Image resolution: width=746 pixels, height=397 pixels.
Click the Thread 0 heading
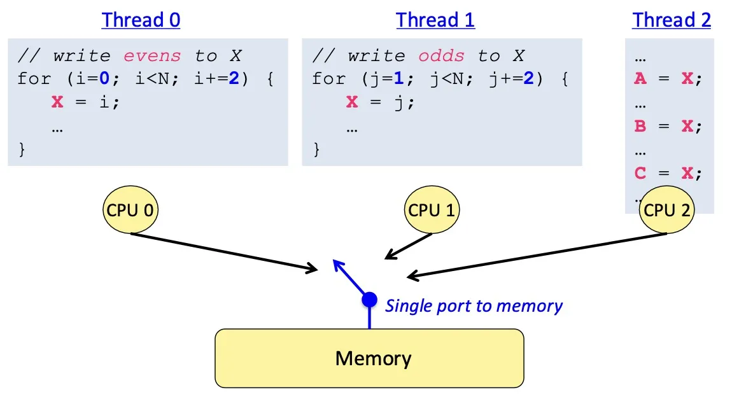(141, 20)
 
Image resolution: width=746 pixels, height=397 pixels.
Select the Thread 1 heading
(435, 20)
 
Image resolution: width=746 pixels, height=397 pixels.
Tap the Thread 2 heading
(672, 20)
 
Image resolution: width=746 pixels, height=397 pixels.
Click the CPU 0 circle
(130, 211)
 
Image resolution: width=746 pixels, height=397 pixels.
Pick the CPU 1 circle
(432, 211)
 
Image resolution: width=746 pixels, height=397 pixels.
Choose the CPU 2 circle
(666, 211)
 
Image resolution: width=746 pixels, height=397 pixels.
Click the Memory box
(369, 358)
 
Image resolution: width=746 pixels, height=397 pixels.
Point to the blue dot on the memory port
(369, 299)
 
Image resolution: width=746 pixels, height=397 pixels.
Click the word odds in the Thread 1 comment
(441, 56)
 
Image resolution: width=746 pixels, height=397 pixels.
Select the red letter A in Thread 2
(640, 79)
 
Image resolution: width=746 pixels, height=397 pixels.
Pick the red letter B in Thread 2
(640, 126)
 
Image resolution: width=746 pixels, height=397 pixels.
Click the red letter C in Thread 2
(640, 173)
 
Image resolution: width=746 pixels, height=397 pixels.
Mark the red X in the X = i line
(58, 102)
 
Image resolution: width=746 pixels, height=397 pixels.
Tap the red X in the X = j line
(353, 102)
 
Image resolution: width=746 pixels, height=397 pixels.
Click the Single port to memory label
(474, 306)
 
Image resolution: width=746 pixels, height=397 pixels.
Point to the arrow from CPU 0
(223, 252)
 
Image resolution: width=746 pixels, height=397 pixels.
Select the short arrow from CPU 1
(409, 247)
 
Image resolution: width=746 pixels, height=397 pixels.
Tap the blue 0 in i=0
(86, 79)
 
